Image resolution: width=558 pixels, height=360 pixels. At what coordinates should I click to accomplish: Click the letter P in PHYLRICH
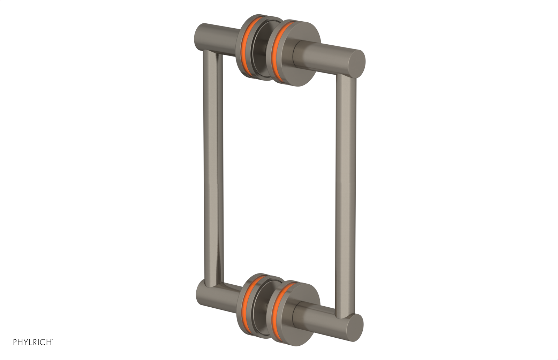15,342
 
